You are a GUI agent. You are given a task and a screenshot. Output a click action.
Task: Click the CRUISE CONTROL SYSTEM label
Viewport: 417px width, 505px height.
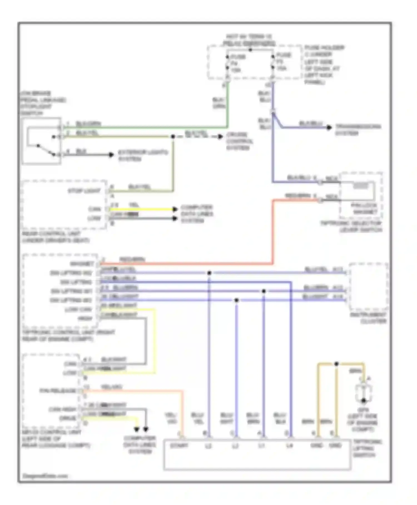[239, 141]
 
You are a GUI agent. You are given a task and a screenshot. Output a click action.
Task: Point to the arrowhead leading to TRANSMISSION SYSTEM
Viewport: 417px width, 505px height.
[329, 128]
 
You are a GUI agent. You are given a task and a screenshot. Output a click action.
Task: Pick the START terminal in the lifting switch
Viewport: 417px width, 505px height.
[179, 446]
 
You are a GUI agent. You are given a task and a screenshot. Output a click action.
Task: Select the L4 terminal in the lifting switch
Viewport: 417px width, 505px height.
[290, 446]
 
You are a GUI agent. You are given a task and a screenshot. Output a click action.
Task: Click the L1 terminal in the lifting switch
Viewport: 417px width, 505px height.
[262, 446]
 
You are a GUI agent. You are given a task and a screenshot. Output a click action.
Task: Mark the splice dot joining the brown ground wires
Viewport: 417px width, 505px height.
[336, 364]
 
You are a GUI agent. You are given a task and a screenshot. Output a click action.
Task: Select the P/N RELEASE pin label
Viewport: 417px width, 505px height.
[58, 391]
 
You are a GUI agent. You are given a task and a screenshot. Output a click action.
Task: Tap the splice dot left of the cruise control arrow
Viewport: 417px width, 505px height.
[173, 136]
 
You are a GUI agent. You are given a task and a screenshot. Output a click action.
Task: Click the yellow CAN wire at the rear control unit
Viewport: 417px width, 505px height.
[142, 209]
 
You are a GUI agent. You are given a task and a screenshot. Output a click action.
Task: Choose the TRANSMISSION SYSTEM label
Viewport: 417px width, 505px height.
[358, 130]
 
